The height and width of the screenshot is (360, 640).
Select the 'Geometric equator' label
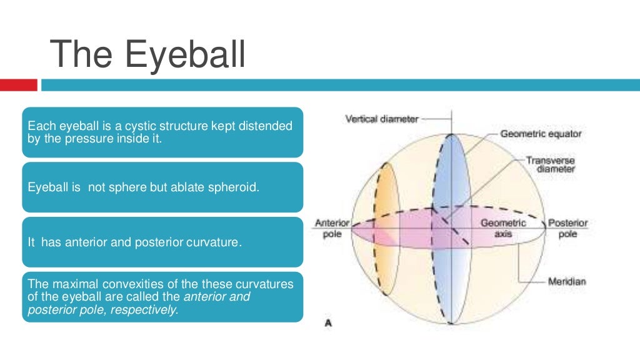click(x=541, y=134)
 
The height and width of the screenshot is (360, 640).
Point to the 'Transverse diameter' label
click(x=550, y=165)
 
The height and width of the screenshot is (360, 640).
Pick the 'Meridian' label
click(x=567, y=281)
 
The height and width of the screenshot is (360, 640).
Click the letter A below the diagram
click(x=327, y=323)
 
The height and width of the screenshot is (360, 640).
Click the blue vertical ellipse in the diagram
click(x=449, y=187)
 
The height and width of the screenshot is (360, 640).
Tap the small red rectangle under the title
click(x=19, y=85)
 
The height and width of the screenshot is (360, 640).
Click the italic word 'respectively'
click(x=144, y=310)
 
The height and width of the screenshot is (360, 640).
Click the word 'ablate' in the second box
click(x=178, y=187)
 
